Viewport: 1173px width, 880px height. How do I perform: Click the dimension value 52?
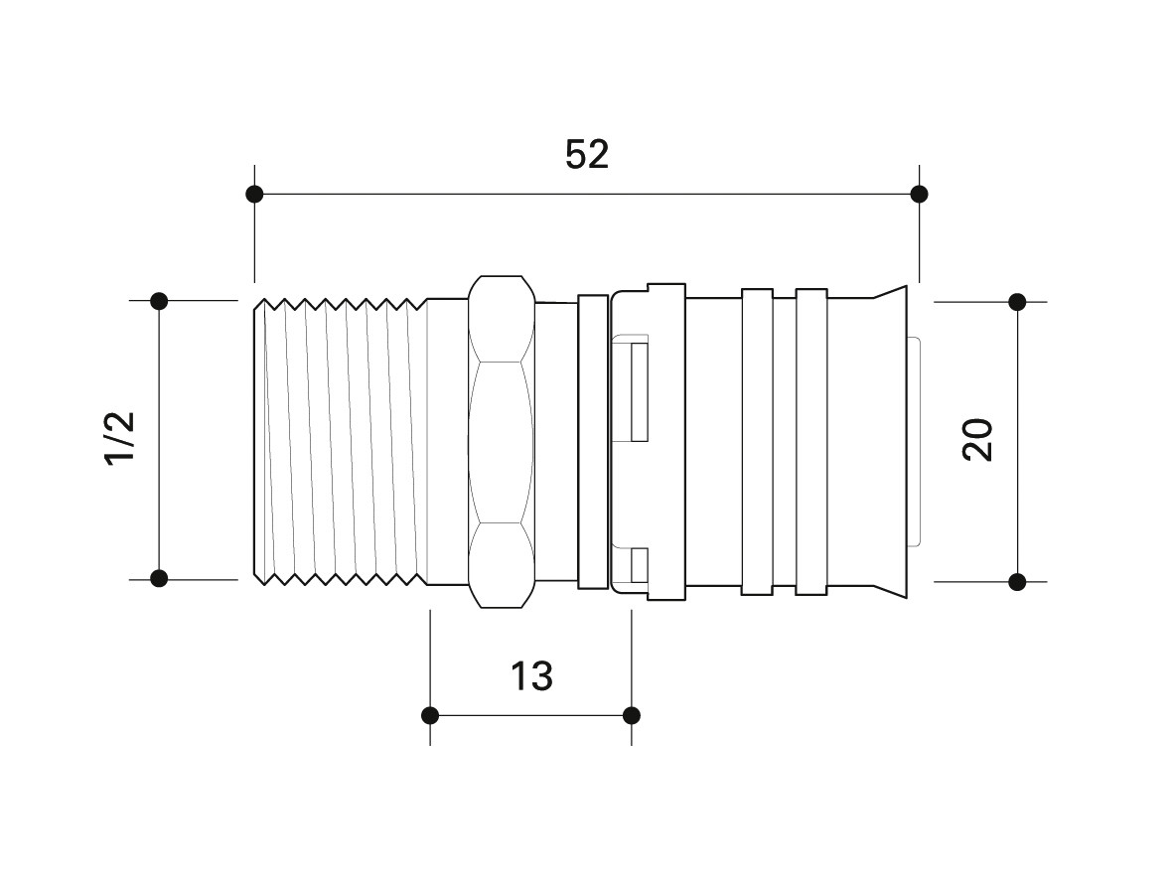tap(586, 154)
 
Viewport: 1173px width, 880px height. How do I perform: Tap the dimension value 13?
tap(531, 675)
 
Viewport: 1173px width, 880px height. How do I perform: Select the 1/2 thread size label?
tap(120, 438)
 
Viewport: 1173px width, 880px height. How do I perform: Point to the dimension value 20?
tap(977, 440)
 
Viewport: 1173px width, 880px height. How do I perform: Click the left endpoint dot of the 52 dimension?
tap(254, 195)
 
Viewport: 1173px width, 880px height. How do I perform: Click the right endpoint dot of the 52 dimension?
tap(920, 195)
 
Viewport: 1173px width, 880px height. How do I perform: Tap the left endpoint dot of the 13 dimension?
tap(430, 715)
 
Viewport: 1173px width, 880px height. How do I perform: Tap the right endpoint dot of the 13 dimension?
tap(632, 715)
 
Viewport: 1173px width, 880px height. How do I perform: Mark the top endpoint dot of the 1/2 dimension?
tap(159, 301)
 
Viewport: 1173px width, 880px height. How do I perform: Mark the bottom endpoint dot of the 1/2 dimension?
tap(159, 578)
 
